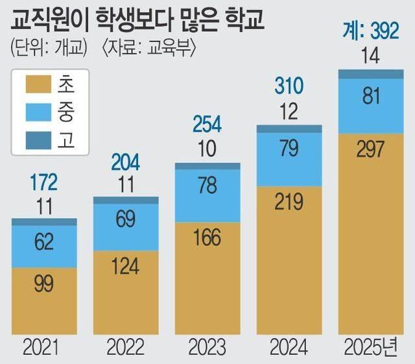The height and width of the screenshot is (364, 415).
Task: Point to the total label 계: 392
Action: point(370,32)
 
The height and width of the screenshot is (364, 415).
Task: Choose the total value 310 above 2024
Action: point(289,85)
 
